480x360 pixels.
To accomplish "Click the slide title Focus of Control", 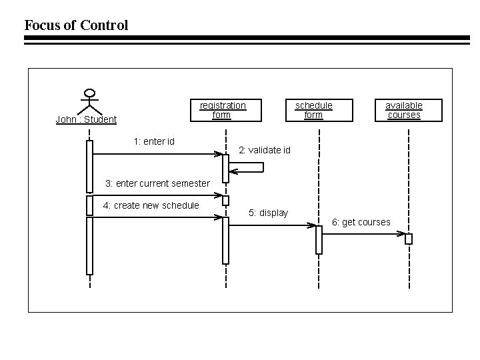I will (x=76, y=25).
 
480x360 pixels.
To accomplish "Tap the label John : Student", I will (x=86, y=120).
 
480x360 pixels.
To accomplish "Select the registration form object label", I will (x=223, y=110).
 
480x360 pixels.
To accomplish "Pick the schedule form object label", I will (x=313, y=110).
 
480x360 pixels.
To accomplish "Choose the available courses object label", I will (x=404, y=110).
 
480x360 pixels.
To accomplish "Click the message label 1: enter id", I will (x=153, y=141).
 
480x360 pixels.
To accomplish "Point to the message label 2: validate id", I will (x=265, y=150).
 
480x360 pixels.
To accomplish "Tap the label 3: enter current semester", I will (x=157, y=183).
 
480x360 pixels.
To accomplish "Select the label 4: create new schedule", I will (x=151, y=205).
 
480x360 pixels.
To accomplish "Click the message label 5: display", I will (x=268, y=213).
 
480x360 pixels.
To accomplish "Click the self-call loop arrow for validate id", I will (x=247, y=167).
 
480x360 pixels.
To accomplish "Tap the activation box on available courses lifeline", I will (x=409, y=239).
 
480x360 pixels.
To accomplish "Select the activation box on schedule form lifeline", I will (x=319, y=239).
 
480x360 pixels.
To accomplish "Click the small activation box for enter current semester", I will (x=225, y=200).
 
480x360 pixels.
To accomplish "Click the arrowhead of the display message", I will (x=311, y=225).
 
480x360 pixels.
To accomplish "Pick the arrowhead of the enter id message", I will (x=218, y=154).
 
